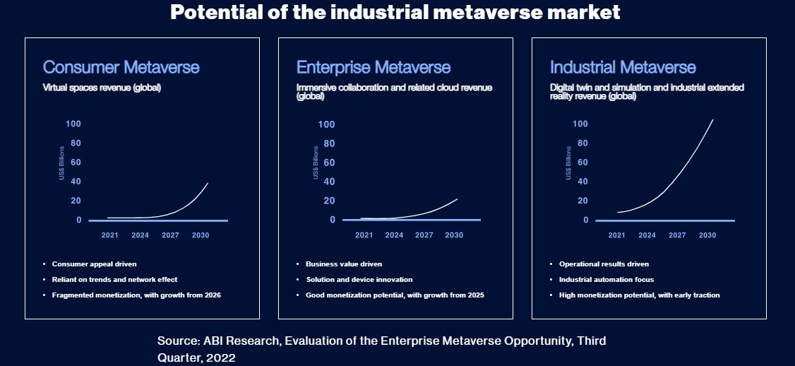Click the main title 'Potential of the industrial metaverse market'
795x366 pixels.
tap(395, 12)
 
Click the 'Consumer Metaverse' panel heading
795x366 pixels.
tap(121, 67)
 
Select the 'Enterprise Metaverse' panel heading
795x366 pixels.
tap(373, 67)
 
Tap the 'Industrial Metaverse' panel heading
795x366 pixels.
tap(623, 67)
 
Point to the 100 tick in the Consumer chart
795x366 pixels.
tap(73, 124)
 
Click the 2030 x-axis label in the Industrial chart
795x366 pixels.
tap(707, 235)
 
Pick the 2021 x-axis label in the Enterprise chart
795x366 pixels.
tap(364, 235)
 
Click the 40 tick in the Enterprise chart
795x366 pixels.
tap(327, 182)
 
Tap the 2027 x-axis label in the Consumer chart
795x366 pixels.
tap(170, 235)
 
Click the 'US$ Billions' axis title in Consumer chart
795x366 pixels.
tap(62, 163)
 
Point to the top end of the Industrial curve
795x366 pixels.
tap(712, 120)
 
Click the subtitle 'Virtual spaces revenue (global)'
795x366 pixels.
tap(102, 88)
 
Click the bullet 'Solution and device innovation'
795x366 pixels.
tap(359, 280)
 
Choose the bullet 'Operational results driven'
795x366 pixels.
tap(604, 264)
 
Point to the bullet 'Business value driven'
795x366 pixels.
tap(344, 264)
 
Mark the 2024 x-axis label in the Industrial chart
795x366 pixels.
tap(647, 235)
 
